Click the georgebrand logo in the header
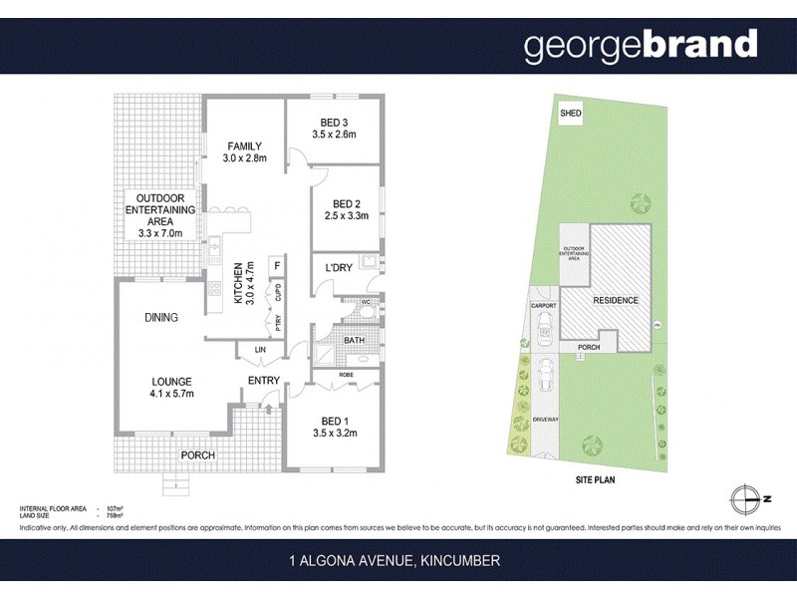point(641,45)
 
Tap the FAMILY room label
point(242,147)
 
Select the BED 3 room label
point(333,122)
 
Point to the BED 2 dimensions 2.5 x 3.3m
point(347,215)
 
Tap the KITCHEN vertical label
point(238,283)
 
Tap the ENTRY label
point(263,381)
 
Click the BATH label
point(355,341)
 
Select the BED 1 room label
point(334,420)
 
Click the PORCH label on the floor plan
point(197,455)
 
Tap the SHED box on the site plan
point(570,114)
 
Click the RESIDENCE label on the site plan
point(615,300)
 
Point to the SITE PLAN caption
point(598,479)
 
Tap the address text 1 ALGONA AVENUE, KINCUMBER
point(398,562)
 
